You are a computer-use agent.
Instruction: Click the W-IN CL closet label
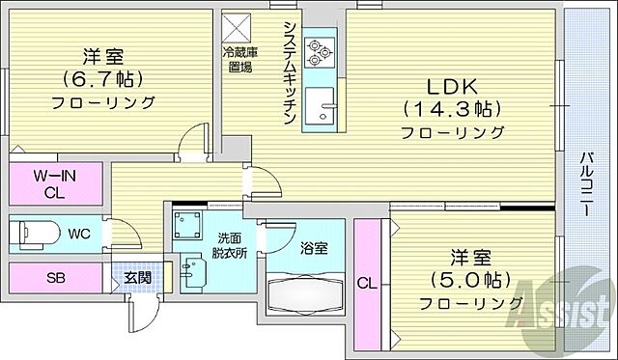(55, 182)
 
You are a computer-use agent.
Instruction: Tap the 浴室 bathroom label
(314, 248)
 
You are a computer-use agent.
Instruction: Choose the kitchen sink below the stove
(321, 100)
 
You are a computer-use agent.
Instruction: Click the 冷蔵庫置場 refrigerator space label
(240, 60)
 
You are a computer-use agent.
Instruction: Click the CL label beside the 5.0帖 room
(367, 283)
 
